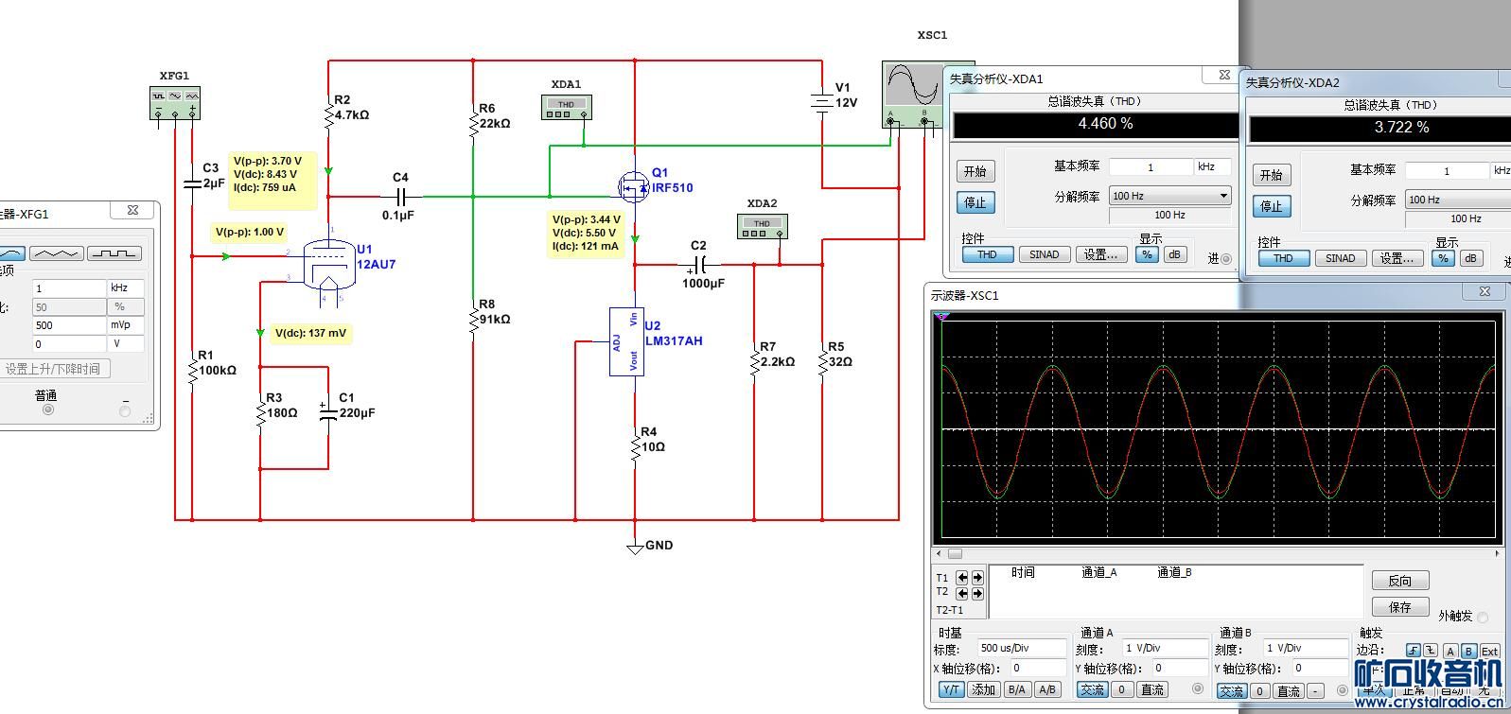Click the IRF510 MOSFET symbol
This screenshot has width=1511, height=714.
point(633,186)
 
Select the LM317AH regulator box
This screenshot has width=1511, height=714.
point(626,341)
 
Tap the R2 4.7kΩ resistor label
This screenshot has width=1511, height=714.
point(351,108)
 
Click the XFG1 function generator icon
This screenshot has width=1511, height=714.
point(175,102)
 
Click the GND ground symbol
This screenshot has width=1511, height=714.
point(637,547)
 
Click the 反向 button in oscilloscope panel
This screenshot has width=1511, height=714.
point(1399,581)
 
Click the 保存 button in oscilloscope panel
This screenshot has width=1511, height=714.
point(1399,607)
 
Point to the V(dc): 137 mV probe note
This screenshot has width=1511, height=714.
point(311,333)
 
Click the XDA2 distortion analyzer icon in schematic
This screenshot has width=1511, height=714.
point(762,226)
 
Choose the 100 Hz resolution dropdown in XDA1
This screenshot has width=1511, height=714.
point(1169,196)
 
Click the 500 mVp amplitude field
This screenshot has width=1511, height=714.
point(69,325)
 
